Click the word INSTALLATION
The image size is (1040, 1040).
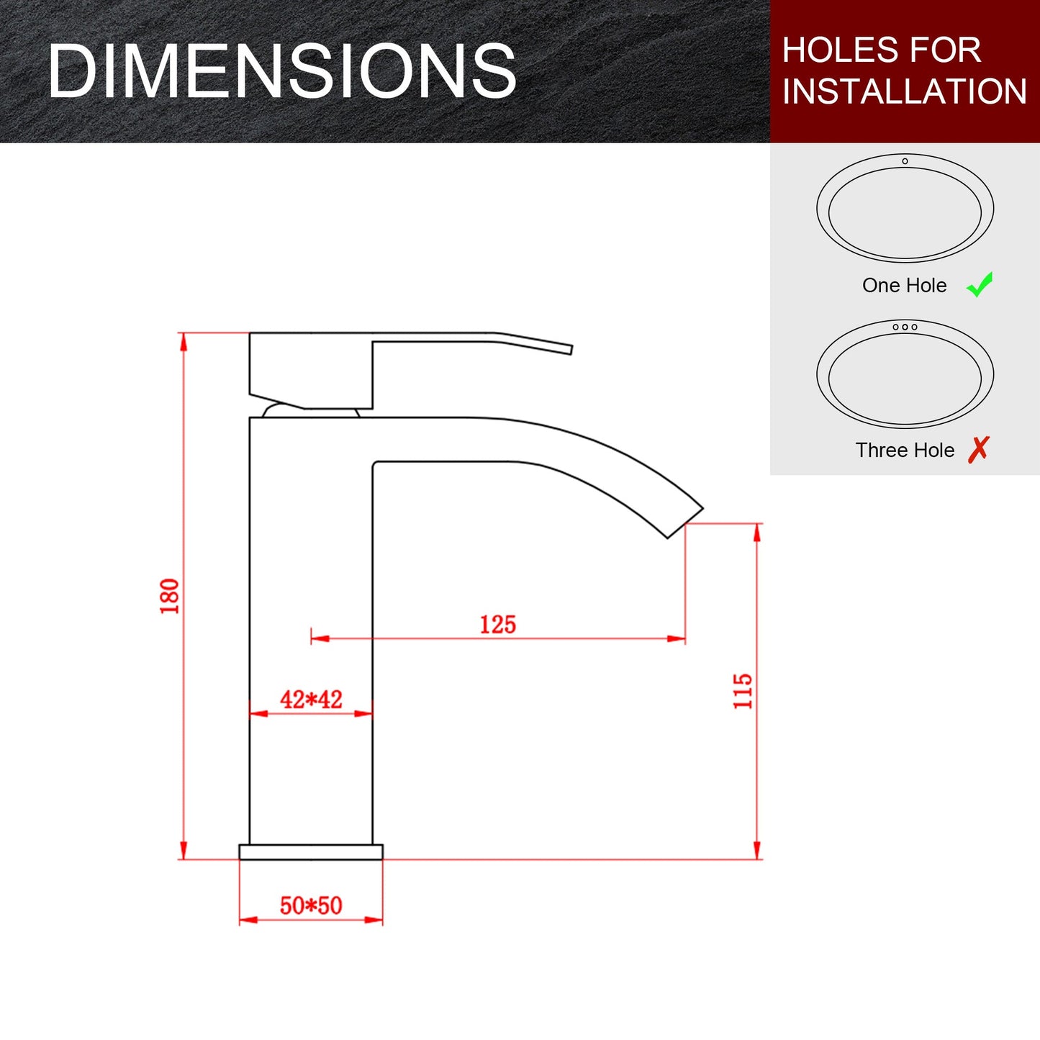[x=904, y=91]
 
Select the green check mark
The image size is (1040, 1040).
[x=980, y=284]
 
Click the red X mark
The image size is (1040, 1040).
[x=979, y=449]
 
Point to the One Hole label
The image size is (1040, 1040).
[x=904, y=286]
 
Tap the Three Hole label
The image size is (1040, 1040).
[x=905, y=451]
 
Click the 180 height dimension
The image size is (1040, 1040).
[x=170, y=596]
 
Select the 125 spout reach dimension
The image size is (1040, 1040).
[x=498, y=624]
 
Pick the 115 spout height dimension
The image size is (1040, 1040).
[x=743, y=691]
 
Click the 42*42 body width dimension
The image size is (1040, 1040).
[x=311, y=699]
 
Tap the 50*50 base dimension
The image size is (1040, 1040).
[x=311, y=905]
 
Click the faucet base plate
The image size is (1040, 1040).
[x=311, y=852]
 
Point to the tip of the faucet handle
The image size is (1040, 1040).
[x=569, y=350]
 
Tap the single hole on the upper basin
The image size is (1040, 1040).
[x=905, y=161]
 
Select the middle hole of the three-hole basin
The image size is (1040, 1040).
[x=905, y=327]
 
